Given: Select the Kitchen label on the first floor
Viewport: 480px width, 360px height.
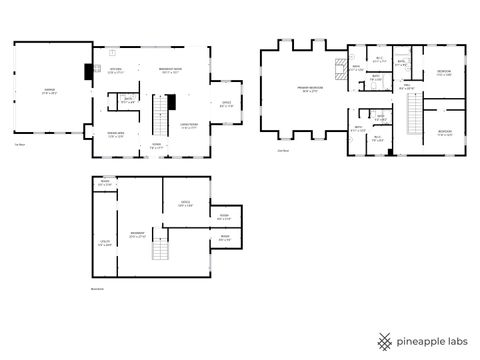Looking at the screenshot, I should coord(116,71).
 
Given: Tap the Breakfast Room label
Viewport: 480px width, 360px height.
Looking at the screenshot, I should coord(170,71).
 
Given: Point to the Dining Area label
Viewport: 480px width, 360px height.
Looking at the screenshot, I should coord(116,134).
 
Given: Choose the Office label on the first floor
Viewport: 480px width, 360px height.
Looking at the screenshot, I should coord(226,104).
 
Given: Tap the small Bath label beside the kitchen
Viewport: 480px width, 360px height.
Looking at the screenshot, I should coord(128,99).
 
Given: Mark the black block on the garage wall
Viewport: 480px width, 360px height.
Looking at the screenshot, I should coord(87,71).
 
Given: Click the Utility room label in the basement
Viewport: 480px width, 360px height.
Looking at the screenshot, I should coord(105,242).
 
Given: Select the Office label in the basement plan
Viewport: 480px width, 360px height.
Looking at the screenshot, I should coord(186,205).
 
